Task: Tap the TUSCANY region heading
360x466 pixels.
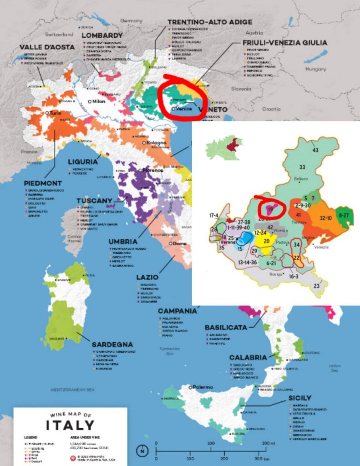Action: [94, 201]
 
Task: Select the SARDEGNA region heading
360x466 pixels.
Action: [112, 344]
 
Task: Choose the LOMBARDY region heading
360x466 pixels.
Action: [102, 35]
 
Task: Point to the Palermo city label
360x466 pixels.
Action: [202, 387]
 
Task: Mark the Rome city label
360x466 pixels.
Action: [180, 243]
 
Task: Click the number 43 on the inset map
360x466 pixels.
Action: [315, 150]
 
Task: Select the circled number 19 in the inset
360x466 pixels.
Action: [270, 210]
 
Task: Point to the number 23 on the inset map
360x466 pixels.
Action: [317, 286]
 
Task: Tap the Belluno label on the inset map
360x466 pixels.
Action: [301, 179]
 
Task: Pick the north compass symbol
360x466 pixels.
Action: [143, 451]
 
